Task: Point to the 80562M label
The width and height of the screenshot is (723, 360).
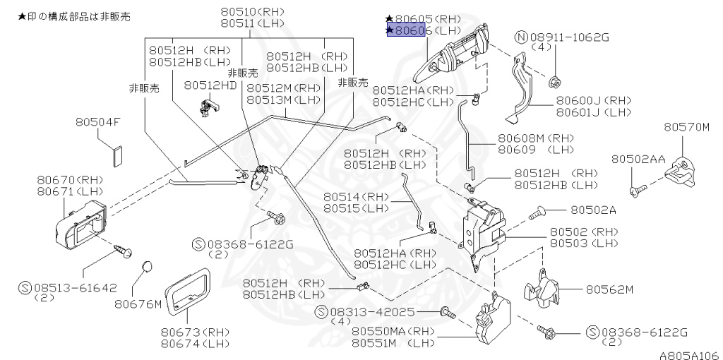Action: click(609, 289)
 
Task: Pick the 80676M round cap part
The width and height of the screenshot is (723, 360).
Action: click(146, 266)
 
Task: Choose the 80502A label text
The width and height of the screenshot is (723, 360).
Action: click(593, 210)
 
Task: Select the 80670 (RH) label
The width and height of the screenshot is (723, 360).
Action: click(70, 180)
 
